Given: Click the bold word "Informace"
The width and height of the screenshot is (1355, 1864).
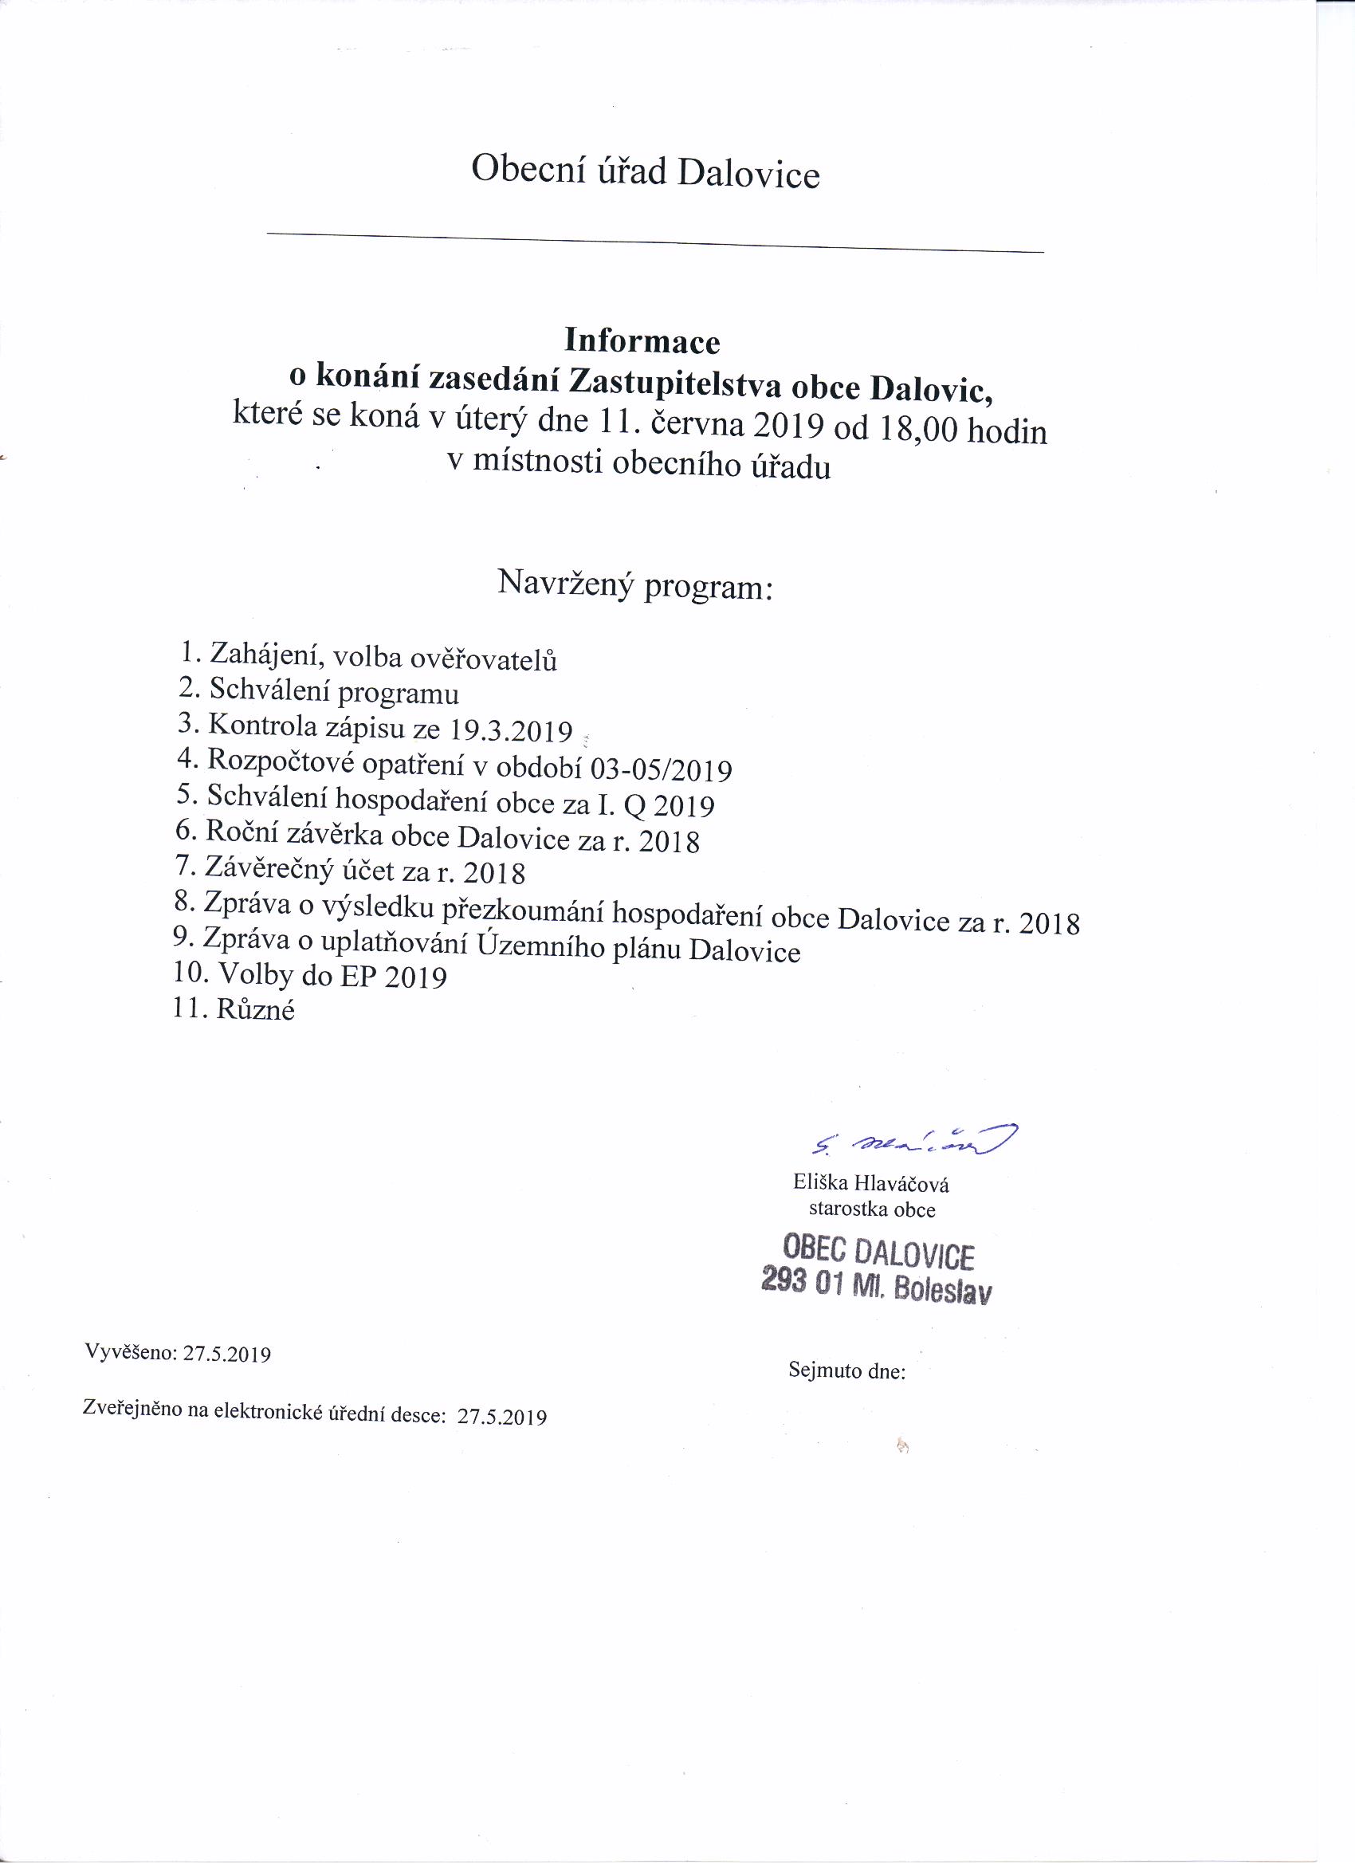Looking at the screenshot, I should click(642, 340).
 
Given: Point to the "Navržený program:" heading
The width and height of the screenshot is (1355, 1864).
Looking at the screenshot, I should click(635, 585).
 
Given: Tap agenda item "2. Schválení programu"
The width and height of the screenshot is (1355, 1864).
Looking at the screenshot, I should click(319, 690).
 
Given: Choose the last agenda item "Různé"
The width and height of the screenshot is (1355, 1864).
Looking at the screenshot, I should click(255, 1009).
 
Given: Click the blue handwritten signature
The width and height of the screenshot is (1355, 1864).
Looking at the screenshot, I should click(912, 1140).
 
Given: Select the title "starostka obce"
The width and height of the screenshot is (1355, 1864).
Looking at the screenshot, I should click(872, 1209).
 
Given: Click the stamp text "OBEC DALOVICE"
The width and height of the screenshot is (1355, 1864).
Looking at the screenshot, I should click(878, 1253).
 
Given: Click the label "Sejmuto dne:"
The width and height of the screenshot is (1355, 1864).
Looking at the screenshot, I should click(846, 1370).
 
